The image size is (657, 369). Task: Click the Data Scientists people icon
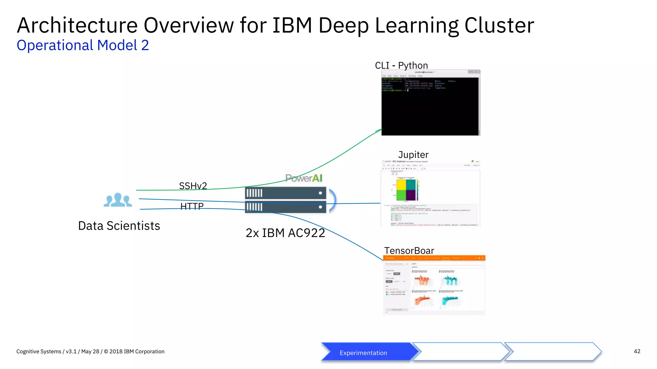(x=118, y=200)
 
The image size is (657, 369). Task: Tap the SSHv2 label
(x=193, y=186)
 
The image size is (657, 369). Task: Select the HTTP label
(x=192, y=206)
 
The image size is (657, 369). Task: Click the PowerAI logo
(x=304, y=178)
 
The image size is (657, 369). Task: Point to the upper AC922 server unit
(x=285, y=193)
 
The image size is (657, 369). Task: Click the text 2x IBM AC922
(x=285, y=233)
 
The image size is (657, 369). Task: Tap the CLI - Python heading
(x=401, y=65)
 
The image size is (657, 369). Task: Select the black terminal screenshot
(x=430, y=106)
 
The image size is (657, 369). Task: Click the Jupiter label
(x=413, y=155)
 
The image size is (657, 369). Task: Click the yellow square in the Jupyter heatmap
(x=401, y=184)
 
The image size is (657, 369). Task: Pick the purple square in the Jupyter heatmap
(x=411, y=195)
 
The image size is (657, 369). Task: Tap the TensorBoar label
(x=409, y=250)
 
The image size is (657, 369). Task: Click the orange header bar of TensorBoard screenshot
(x=434, y=258)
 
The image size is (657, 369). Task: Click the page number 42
(x=637, y=351)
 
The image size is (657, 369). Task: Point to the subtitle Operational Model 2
(x=83, y=45)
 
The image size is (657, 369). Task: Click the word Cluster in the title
(x=499, y=26)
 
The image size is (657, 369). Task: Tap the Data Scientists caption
(x=119, y=226)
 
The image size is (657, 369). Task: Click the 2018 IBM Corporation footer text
(x=137, y=351)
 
